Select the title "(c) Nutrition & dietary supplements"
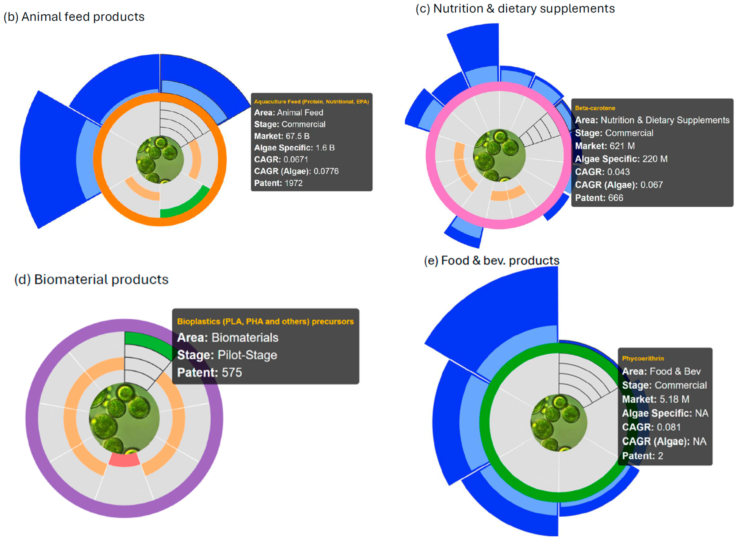tap(515, 9)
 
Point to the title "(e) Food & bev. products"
tap(492, 261)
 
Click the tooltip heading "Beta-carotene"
tap(595, 108)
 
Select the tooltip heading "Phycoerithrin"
tap(643, 358)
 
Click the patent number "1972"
tap(293, 183)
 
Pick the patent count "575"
tap(231, 373)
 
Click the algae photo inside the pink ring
tap(499, 155)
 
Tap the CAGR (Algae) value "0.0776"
tap(326, 171)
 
